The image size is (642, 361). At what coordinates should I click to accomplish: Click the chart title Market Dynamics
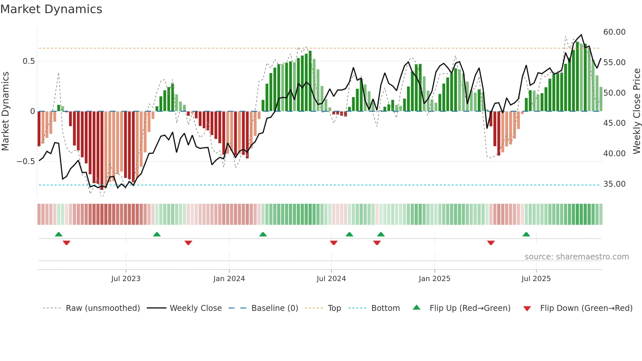[x=51, y=9]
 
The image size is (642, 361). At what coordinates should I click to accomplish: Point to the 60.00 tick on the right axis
[x=614, y=32]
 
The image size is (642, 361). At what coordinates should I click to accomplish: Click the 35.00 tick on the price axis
[x=614, y=184]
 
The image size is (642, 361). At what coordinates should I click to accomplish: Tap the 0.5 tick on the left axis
[x=28, y=61]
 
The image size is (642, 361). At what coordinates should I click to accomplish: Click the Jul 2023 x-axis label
[x=126, y=279]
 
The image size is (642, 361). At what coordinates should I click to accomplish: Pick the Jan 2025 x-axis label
[x=434, y=279]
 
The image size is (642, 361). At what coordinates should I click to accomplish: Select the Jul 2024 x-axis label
[x=331, y=279]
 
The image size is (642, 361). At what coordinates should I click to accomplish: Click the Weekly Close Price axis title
[x=636, y=111]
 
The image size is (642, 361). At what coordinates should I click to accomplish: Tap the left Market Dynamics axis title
[x=5, y=111]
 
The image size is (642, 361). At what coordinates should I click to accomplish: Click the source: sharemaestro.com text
[x=576, y=257]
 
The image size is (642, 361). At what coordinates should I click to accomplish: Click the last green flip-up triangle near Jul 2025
[x=526, y=235]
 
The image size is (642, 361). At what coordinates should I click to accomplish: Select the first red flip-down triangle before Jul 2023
[x=66, y=243]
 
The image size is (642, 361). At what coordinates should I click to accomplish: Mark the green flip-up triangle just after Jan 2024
[x=263, y=235]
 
